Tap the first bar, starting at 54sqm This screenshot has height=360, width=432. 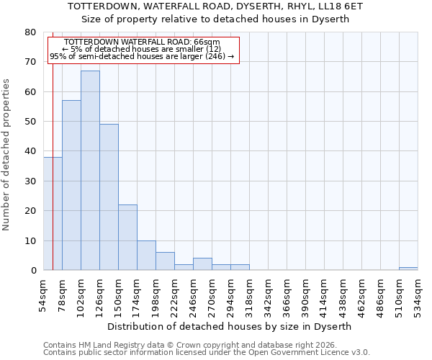48,216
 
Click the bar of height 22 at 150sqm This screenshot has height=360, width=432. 127,238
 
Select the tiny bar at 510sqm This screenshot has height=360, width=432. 408,269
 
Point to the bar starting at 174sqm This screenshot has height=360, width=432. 146,256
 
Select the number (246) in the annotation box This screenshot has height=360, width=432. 214,56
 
